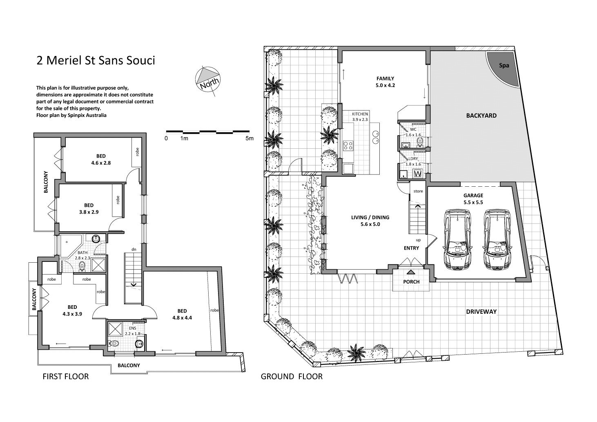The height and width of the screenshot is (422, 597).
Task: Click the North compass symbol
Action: pyautogui.click(x=208, y=80)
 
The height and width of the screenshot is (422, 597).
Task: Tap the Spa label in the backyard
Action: pyautogui.click(x=504, y=65)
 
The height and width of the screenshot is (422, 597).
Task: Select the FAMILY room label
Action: pyautogui.click(x=385, y=78)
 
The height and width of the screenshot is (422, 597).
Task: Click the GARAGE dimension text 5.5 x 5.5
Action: pyautogui.click(x=473, y=202)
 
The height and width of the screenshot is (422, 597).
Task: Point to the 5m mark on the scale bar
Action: pyautogui.click(x=249, y=138)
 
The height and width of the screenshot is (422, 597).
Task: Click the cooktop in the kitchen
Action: pyautogui.click(x=348, y=145)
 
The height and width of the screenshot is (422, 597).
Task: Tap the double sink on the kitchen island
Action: pyautogui.click(x=376, y=137)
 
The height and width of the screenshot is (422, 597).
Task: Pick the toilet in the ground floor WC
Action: pyautogui.click(x=420, y=142)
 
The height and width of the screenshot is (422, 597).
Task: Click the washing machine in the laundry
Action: pyautogui.click(x=418, y=174)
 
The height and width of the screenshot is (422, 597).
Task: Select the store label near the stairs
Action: pyautogui.click(x=418, y=191)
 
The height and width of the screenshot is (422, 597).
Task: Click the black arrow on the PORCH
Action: pyautogui.click(x=411, y=272)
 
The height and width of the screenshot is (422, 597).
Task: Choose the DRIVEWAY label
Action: pyautogui.click(x=481, y=311)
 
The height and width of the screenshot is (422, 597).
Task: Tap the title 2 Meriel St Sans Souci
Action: pyautogui.click(x=96, y=60)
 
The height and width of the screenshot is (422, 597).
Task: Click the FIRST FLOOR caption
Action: pyautogui.click(x=66, y=376)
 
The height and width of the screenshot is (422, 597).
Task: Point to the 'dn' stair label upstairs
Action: pyautogui.click(x=134, y=249)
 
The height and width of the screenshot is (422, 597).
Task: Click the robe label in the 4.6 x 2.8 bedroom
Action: pyautogui.click(x=137, y=152)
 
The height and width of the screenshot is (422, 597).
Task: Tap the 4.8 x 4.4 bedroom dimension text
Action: pyautogui.click(x=182, y=318)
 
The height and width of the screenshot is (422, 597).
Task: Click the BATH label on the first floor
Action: pyautogui.click(x=82, y=252)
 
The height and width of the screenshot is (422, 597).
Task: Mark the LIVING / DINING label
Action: pyautogui.click(x=370, y=217)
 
